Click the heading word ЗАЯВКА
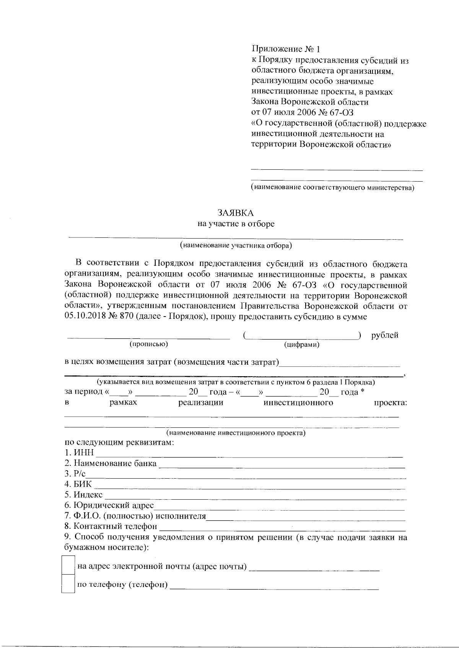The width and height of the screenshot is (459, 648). coord(236,213)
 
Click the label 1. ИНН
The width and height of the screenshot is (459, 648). coord(79,453)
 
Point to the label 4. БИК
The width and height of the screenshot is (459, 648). coord(78,484)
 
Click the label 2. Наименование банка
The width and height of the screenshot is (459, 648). coord(111,463)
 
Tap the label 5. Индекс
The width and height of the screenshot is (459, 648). coord(83,495)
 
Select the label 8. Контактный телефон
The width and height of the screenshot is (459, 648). coord(111,526)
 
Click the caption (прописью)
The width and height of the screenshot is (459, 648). coord(149,344)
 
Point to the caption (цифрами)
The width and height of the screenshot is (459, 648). coord(302,345)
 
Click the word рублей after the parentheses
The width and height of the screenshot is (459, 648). coord(385,335)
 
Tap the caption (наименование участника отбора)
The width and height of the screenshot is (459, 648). coord(236,245)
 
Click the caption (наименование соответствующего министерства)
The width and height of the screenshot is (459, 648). coord(333,188)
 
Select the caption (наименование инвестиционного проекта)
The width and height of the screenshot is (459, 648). coord(236,433)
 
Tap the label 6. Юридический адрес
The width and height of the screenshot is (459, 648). coord(109,505)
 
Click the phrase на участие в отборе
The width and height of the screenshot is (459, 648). coord(236,224)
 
